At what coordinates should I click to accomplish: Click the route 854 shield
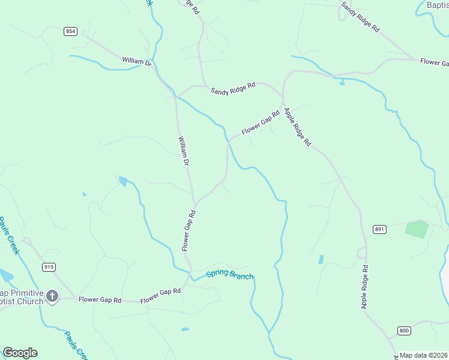[71, 31]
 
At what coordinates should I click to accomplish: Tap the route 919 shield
[49, 266]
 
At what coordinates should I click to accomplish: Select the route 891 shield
[379, 229]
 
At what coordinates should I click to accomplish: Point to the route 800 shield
[403, 331]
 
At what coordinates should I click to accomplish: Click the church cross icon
[52, 295]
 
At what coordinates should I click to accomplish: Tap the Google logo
[20, 353]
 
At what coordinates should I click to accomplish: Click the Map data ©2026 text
[424, 355]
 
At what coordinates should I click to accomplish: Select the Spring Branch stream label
[229, 275]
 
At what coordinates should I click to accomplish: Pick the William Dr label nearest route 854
[137, 61]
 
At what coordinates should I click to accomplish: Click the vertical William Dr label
[184, 151]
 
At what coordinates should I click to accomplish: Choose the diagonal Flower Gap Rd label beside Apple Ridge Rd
[261, 122]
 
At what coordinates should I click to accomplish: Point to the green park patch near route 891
[417, 229]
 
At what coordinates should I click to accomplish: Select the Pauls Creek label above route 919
[10, 235]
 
